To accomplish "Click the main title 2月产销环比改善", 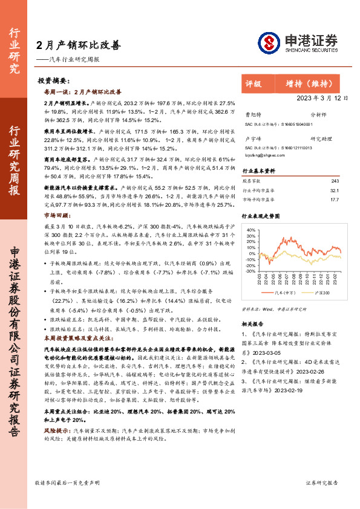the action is tap(78, 45).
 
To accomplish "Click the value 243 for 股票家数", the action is tap(336, 181).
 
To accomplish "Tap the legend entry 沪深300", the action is tap(321, 292).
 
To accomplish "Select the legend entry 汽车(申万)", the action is tap(285, 292).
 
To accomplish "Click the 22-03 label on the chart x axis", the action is tap(259, 280).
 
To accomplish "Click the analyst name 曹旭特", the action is tap(254, 114).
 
